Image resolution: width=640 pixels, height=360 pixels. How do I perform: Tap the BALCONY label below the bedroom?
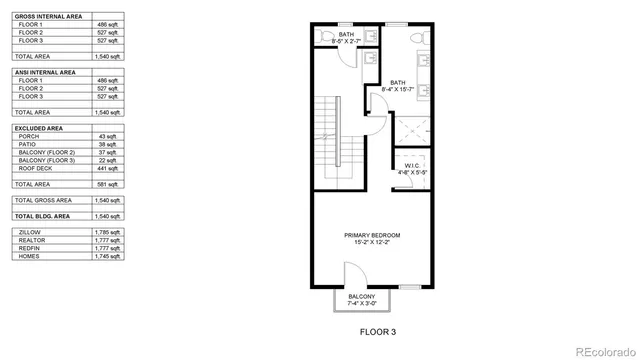[x=362, y=296]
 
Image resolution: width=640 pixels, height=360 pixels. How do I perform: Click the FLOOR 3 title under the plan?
[x=380, y=330]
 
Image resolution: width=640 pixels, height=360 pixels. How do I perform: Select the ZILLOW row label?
[x=30, y=232]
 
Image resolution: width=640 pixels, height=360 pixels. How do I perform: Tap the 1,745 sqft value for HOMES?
[x=108, y=256]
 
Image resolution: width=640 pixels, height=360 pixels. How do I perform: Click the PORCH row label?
[x=30, y=136]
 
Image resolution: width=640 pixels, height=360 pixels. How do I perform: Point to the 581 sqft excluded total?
[x=108, y=184]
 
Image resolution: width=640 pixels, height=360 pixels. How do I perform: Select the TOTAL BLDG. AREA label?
[x=42, y=216]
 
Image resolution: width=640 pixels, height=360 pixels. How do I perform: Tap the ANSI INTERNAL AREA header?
[x=46, y=72]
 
